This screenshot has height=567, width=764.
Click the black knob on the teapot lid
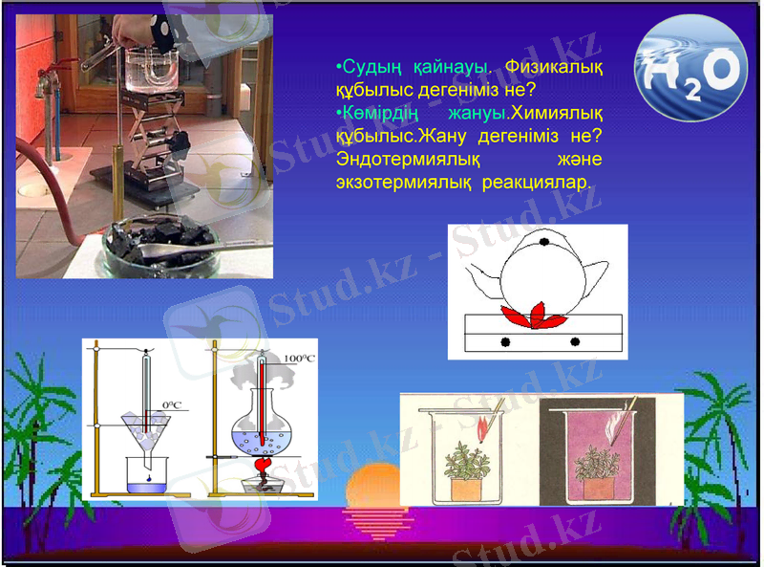[543, 241]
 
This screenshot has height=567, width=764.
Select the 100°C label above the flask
[300, 359]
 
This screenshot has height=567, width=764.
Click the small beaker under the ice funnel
[148, 475]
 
